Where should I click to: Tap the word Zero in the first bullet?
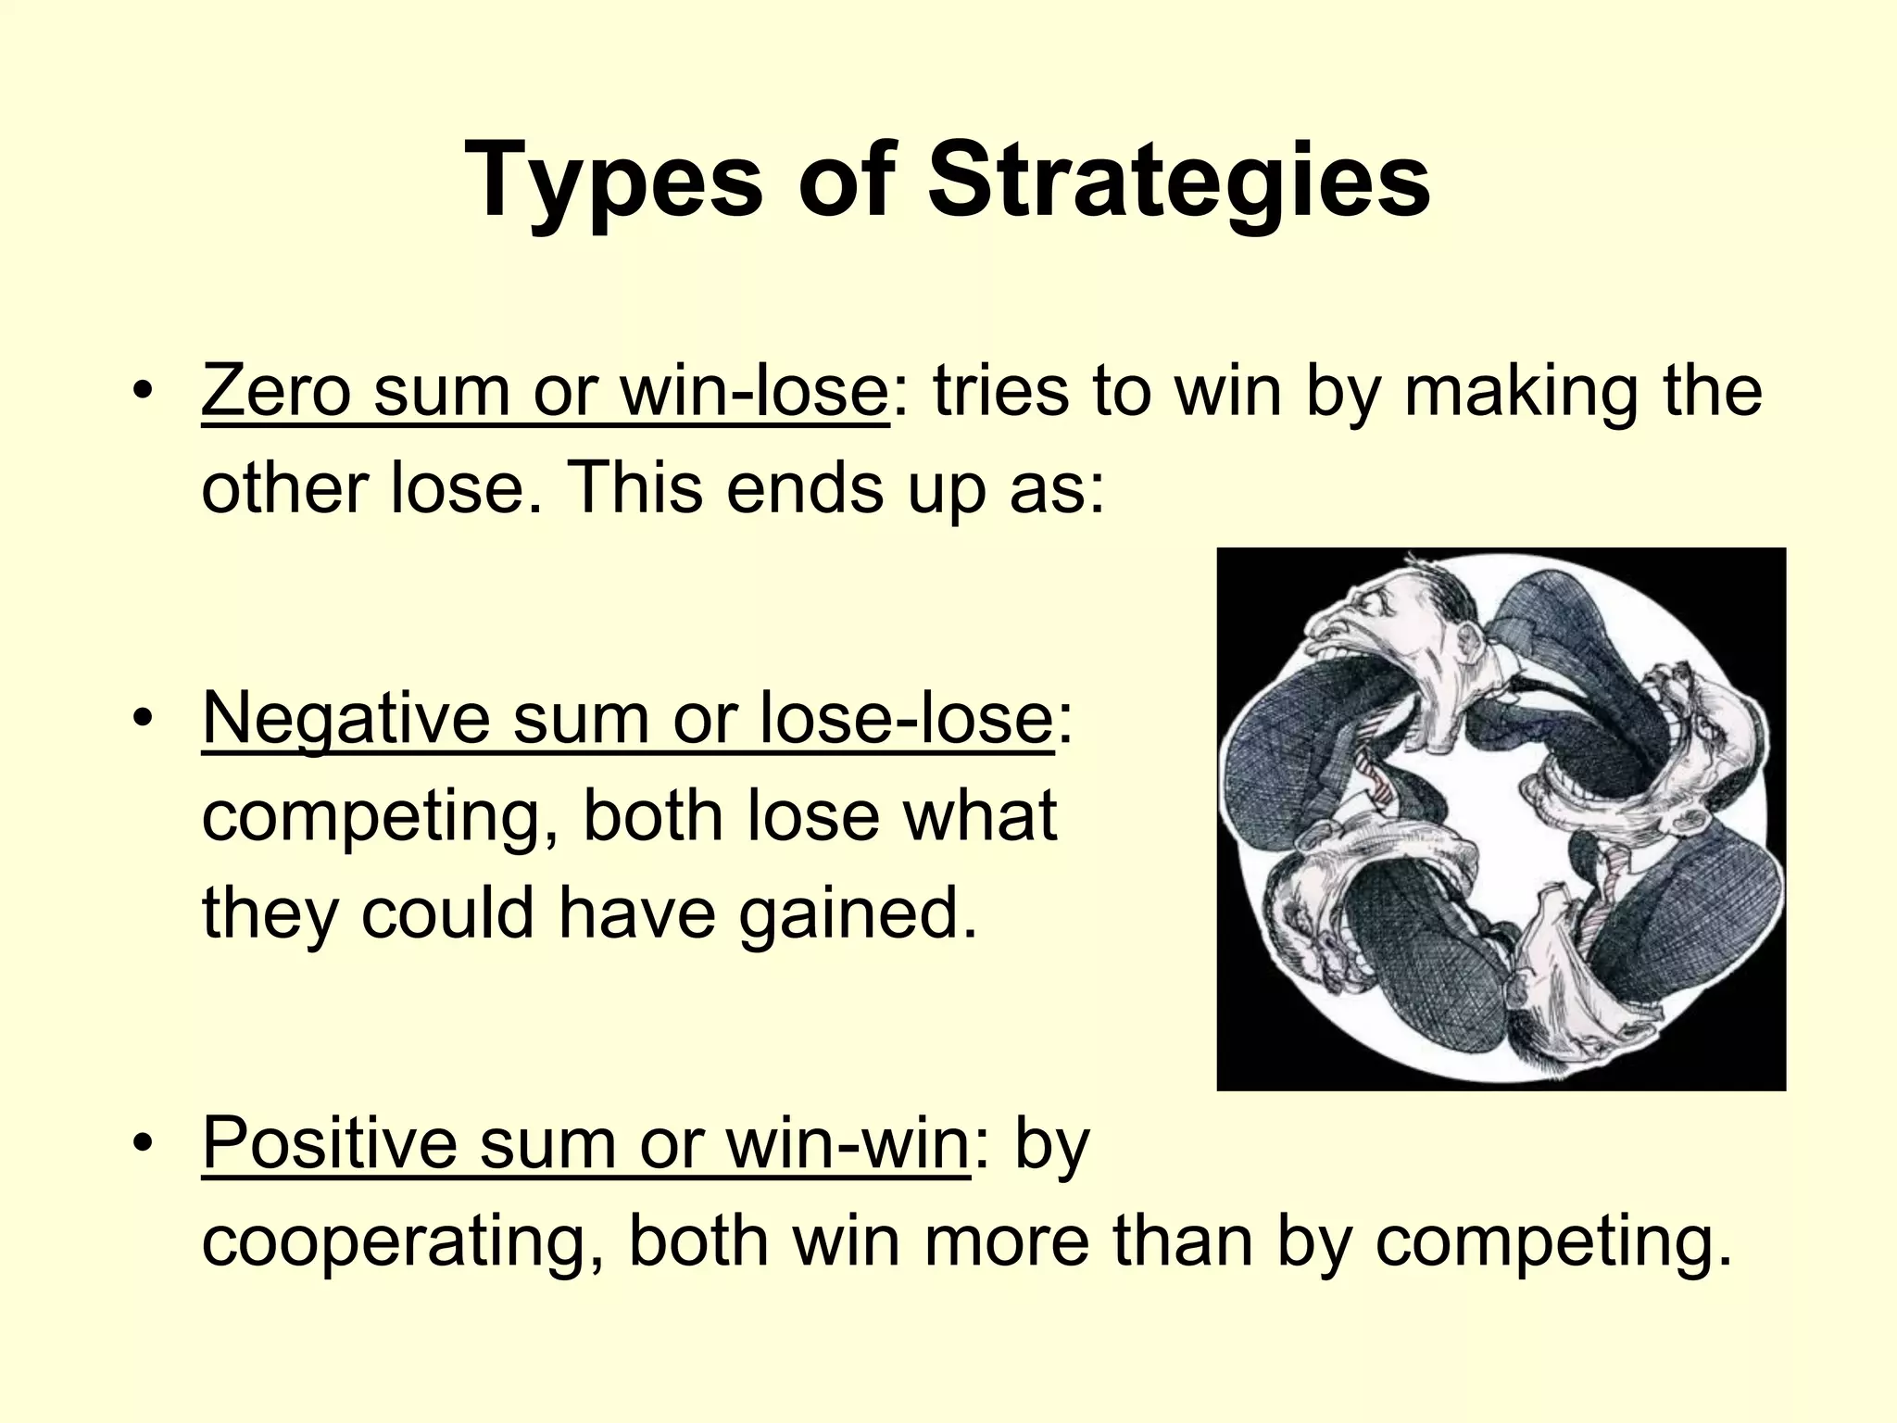click(x=276, y=391)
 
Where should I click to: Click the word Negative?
click(x=345, y=719)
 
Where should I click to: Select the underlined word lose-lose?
click(x=905, y=719)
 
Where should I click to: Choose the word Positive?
click(x=329, y=1143)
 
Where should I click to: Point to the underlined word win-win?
click(x=847, y=1143)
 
